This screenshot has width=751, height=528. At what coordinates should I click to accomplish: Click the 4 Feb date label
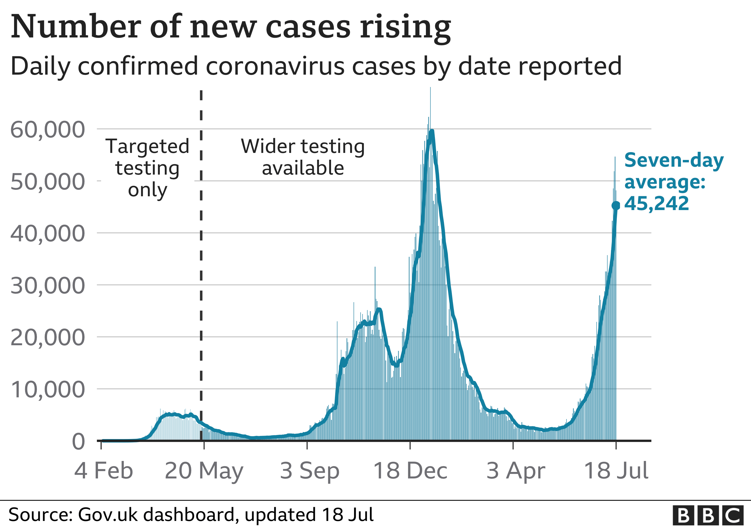103,471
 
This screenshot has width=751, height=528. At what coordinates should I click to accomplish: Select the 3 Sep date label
309,471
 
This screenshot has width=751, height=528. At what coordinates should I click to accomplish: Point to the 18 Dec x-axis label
410,471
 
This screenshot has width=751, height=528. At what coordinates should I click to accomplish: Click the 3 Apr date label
516,471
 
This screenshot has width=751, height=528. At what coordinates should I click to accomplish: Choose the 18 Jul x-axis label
616,471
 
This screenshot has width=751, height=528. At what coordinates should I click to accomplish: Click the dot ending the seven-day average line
616,206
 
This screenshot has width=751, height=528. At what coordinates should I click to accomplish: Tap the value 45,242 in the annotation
656,204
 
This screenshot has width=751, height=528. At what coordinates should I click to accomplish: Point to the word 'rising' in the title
405,28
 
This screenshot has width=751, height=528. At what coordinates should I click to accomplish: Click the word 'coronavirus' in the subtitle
275,66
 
